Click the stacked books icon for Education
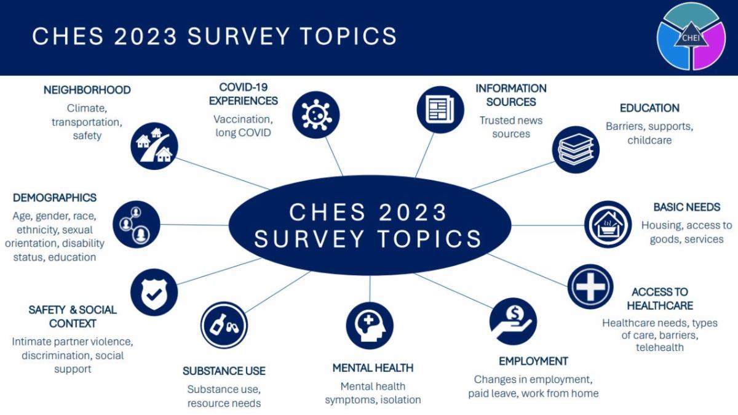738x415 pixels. coord(575,150)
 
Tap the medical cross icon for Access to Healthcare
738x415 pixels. coord(590,286)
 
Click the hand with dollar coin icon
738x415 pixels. coord(513,321)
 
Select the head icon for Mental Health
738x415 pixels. coord(370,325)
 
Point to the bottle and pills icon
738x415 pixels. coord(224,324)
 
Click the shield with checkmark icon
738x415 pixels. coord(154,292)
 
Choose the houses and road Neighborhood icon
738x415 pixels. coord(154,146)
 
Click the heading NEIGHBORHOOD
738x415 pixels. coord(87,90)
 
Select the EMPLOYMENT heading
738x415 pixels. coord(533,361)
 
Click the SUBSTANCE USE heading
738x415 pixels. coord(224,371)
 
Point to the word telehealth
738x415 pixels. coord(659,347)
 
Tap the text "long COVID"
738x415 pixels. coord(243,132)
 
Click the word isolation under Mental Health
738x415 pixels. coord(400,400)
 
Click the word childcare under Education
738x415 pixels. coord(649,140)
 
